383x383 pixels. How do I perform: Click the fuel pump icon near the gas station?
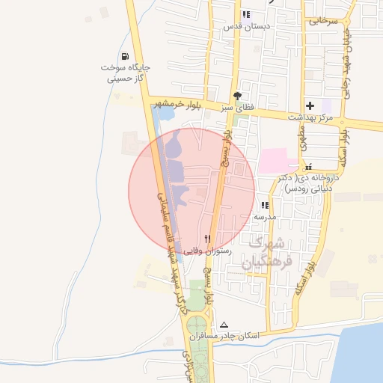[124, 56]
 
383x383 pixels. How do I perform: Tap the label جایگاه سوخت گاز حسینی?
[126, 73]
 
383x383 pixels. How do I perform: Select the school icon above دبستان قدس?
[246, 14]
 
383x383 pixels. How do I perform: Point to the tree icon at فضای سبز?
[237, 96]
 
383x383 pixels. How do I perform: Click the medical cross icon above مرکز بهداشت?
[310, 106]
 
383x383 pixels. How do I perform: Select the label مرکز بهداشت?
[313, 118]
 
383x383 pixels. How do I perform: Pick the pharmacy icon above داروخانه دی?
[307, 167]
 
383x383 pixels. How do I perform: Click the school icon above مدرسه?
[265, 205]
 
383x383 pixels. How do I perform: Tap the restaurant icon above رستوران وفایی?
[218, 239]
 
